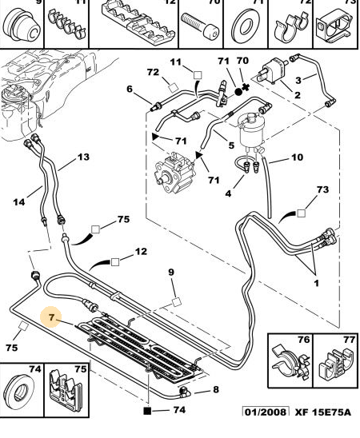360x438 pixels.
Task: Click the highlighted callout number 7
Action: point(51,317)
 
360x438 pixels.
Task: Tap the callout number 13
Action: point(83,157)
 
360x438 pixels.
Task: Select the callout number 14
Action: point(19,201)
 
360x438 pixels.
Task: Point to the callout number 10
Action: point(297,157)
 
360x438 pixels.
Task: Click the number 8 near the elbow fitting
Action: point(216,389)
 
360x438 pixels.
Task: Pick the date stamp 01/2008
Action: point(266,412)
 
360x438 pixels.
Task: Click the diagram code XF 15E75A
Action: point(322,412)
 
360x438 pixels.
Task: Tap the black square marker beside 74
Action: point(147,411)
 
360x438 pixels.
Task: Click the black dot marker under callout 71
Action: point(238,91)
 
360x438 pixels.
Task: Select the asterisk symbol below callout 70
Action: point(246,87)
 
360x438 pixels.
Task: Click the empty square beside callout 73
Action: point(301,213)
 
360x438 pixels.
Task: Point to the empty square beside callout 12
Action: point(115,262)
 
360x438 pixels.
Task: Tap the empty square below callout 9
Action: point(176,302)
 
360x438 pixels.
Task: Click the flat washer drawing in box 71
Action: point(246,26)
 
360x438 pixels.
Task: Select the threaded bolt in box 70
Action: point(199,26)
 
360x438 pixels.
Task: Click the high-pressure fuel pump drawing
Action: point(174,172)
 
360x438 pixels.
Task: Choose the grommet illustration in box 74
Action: point(20,389)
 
